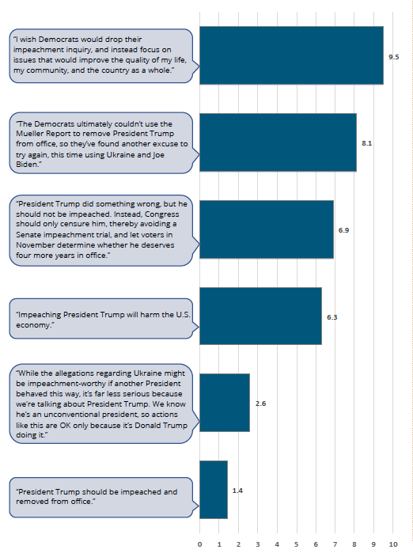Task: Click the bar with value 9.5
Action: coord(291,55)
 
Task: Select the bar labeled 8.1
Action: coord(278,142)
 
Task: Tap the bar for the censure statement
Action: coord(267,229)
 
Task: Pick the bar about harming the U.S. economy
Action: coord(260,316)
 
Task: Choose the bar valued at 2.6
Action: coord(225,403)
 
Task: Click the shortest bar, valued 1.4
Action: coord(214,490)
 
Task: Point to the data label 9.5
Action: coord(393,57)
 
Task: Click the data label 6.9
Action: coord(343,230)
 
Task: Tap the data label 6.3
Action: coord(332,317)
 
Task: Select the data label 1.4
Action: coord(237,491)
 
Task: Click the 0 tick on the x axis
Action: coord(199,544)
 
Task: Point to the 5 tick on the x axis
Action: coord(296,544)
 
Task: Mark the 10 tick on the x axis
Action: coord(392,544)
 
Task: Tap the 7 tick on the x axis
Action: coord(335,544)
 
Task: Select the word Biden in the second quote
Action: coord(27,165)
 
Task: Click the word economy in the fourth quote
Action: coord(34,325)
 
